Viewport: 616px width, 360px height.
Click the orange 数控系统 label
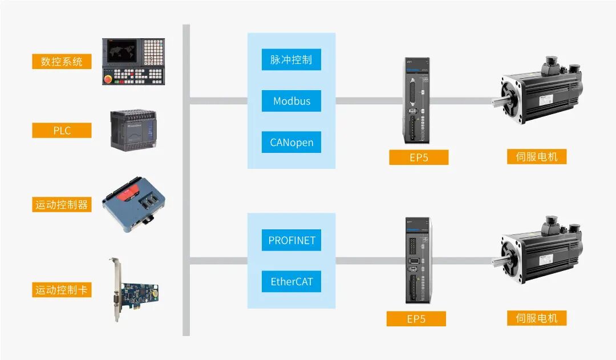62,62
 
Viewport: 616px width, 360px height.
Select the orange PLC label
62,131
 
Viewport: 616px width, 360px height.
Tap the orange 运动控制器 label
62,205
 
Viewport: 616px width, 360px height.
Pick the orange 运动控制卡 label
62,290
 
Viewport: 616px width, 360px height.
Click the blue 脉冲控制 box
291,60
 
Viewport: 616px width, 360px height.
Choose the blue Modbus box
291,101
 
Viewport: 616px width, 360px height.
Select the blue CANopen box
291,142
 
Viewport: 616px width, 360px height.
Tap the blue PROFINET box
291,240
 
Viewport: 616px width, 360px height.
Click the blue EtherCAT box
291,281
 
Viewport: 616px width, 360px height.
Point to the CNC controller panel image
133,62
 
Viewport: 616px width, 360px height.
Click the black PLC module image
137,131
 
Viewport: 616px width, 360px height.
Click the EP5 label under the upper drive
419,157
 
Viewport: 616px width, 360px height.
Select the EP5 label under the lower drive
416,319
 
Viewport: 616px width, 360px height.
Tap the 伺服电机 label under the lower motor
536,318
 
